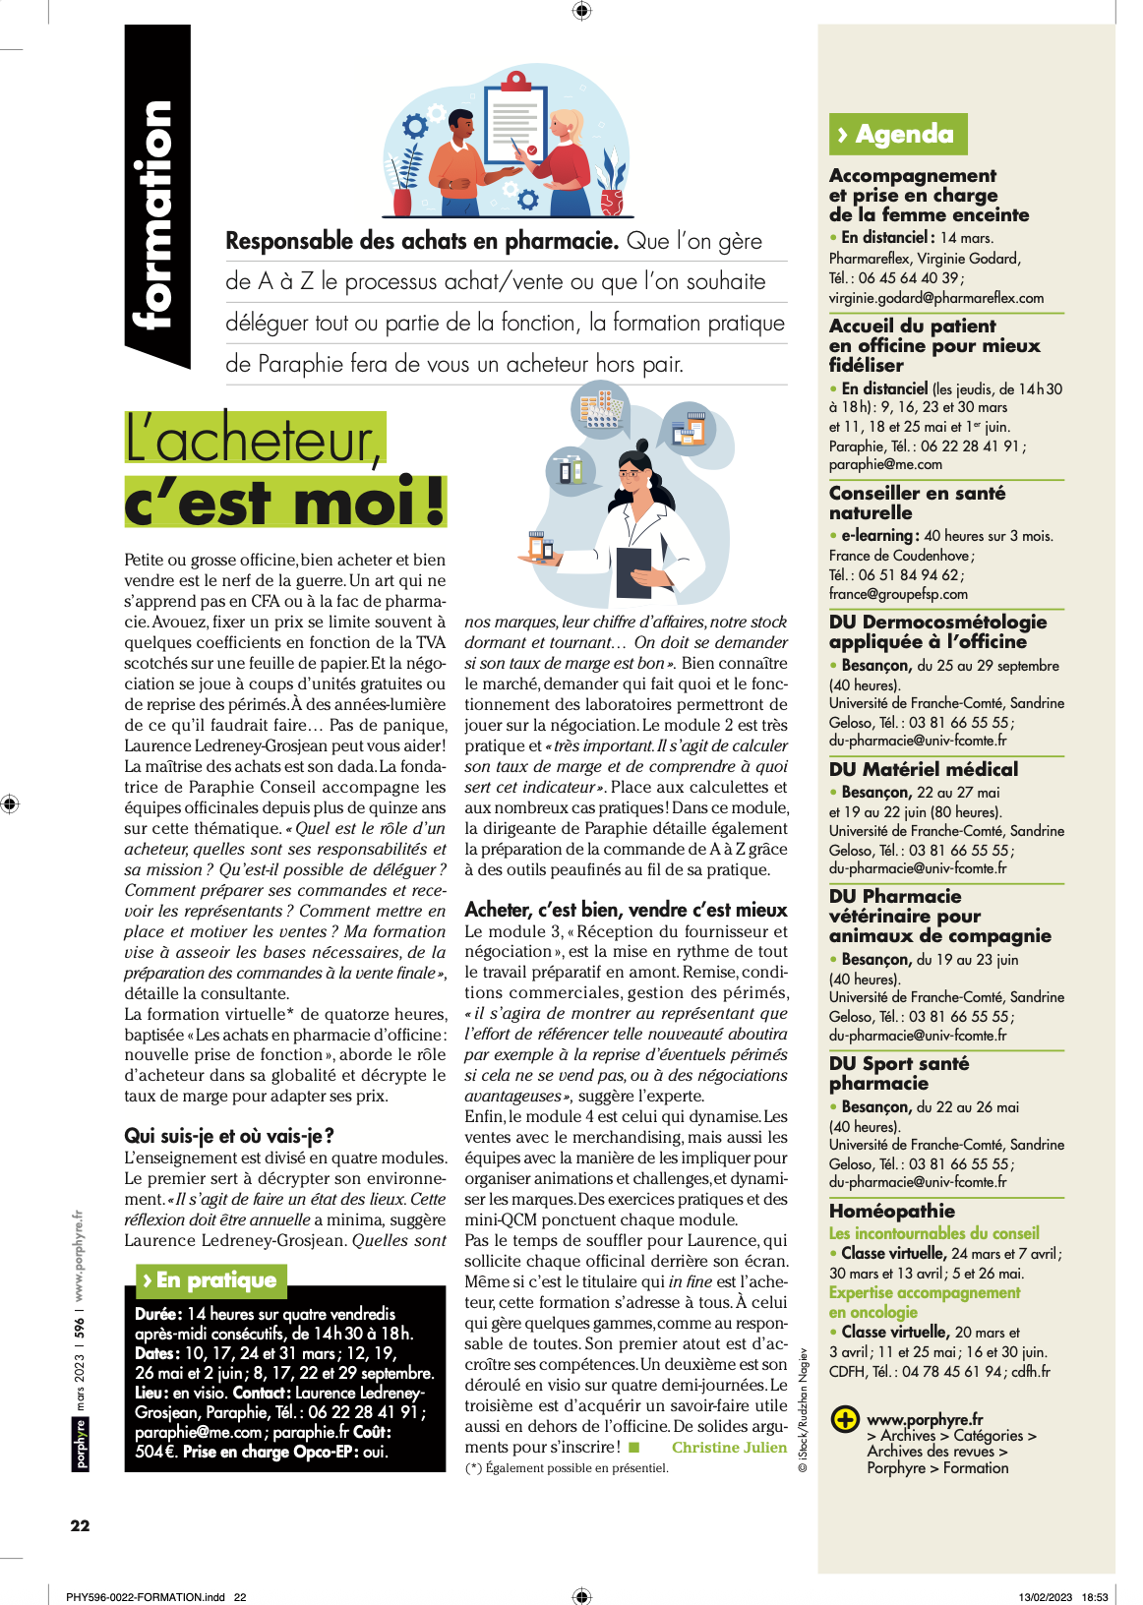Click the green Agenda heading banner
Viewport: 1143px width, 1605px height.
click(x=897, y=134)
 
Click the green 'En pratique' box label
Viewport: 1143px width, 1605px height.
click(x=210, y=1279)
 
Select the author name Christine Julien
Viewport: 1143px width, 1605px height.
click(x=729, y=1447)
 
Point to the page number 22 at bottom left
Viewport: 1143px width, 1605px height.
click(x=80, y=1525)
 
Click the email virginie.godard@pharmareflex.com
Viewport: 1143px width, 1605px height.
click(x=935, y=297)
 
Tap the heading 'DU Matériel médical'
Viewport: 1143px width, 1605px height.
click(x=923, y=769)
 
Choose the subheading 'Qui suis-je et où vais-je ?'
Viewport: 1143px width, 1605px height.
click(x=229, y=1136)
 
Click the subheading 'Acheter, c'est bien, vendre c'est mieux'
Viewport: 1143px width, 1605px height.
click(x=626, y=910)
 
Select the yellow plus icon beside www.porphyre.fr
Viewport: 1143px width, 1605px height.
click(x=844, y=1419)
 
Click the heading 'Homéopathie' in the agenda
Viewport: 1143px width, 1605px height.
click(x=891, y=1211)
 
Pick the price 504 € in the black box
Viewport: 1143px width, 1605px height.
click(x=154, y=1452)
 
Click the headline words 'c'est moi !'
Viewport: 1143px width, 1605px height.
click(x=284, y=503)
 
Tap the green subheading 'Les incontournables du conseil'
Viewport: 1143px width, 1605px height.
click(x=933, y=1233)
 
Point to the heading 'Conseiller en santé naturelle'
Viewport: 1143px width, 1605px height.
click(x=916, y=503)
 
